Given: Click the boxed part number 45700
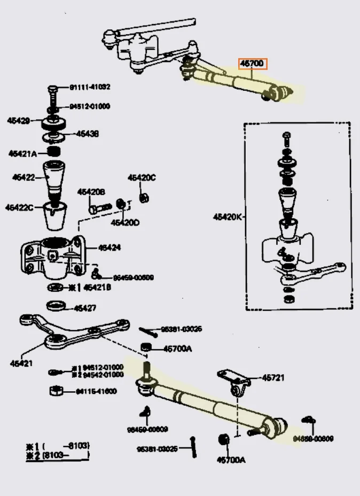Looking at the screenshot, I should coord(252,64).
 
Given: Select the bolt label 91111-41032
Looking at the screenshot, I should coord(90,87).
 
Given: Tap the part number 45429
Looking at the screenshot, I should coord(19,121).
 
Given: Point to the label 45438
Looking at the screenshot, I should coord(87,134).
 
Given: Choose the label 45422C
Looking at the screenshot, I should coord(20,207).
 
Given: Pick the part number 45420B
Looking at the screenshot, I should coord(91,192).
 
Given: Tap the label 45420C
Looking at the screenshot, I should coord(141,178).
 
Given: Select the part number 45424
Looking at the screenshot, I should coord(109,247).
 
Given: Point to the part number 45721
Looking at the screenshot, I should coord(273,378).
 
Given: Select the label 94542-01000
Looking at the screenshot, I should coord(99,375).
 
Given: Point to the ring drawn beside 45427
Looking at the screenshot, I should coord(57,306).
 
